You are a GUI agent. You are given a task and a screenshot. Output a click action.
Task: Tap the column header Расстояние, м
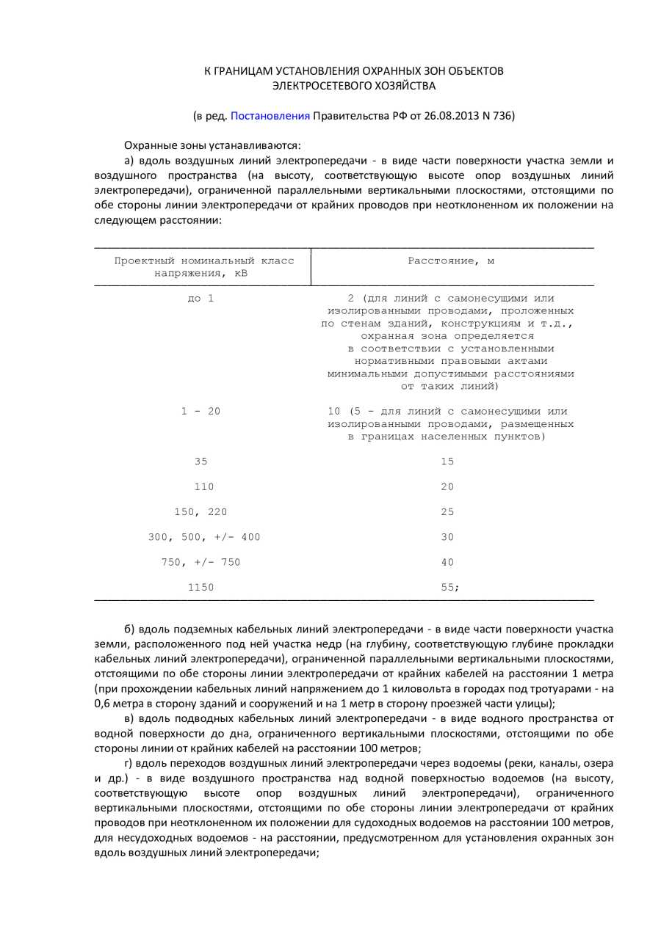coord(451,260)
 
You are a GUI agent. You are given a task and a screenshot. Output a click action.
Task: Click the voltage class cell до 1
coord(201,298)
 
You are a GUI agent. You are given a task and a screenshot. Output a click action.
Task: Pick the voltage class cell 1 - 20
coord(201,412)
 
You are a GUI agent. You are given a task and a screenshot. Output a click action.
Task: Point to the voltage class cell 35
coord(201,461)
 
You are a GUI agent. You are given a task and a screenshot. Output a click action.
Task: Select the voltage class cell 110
coord(203,486)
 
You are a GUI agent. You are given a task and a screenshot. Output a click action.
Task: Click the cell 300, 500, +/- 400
coord(204,537)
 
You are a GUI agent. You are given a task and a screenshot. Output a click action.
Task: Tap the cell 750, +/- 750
coord(201,562)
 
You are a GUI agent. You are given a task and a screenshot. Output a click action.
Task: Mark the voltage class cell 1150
coord(201,588)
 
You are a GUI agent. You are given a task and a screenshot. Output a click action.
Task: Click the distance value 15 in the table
coord(447,461)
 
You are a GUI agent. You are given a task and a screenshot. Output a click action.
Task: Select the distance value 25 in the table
coord(447,512)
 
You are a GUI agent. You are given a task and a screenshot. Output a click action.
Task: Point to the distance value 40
coord(447,562)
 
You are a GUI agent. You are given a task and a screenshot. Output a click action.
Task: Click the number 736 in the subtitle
coord(502,116)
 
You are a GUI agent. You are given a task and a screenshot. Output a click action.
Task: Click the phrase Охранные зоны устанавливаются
coord(212,145)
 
